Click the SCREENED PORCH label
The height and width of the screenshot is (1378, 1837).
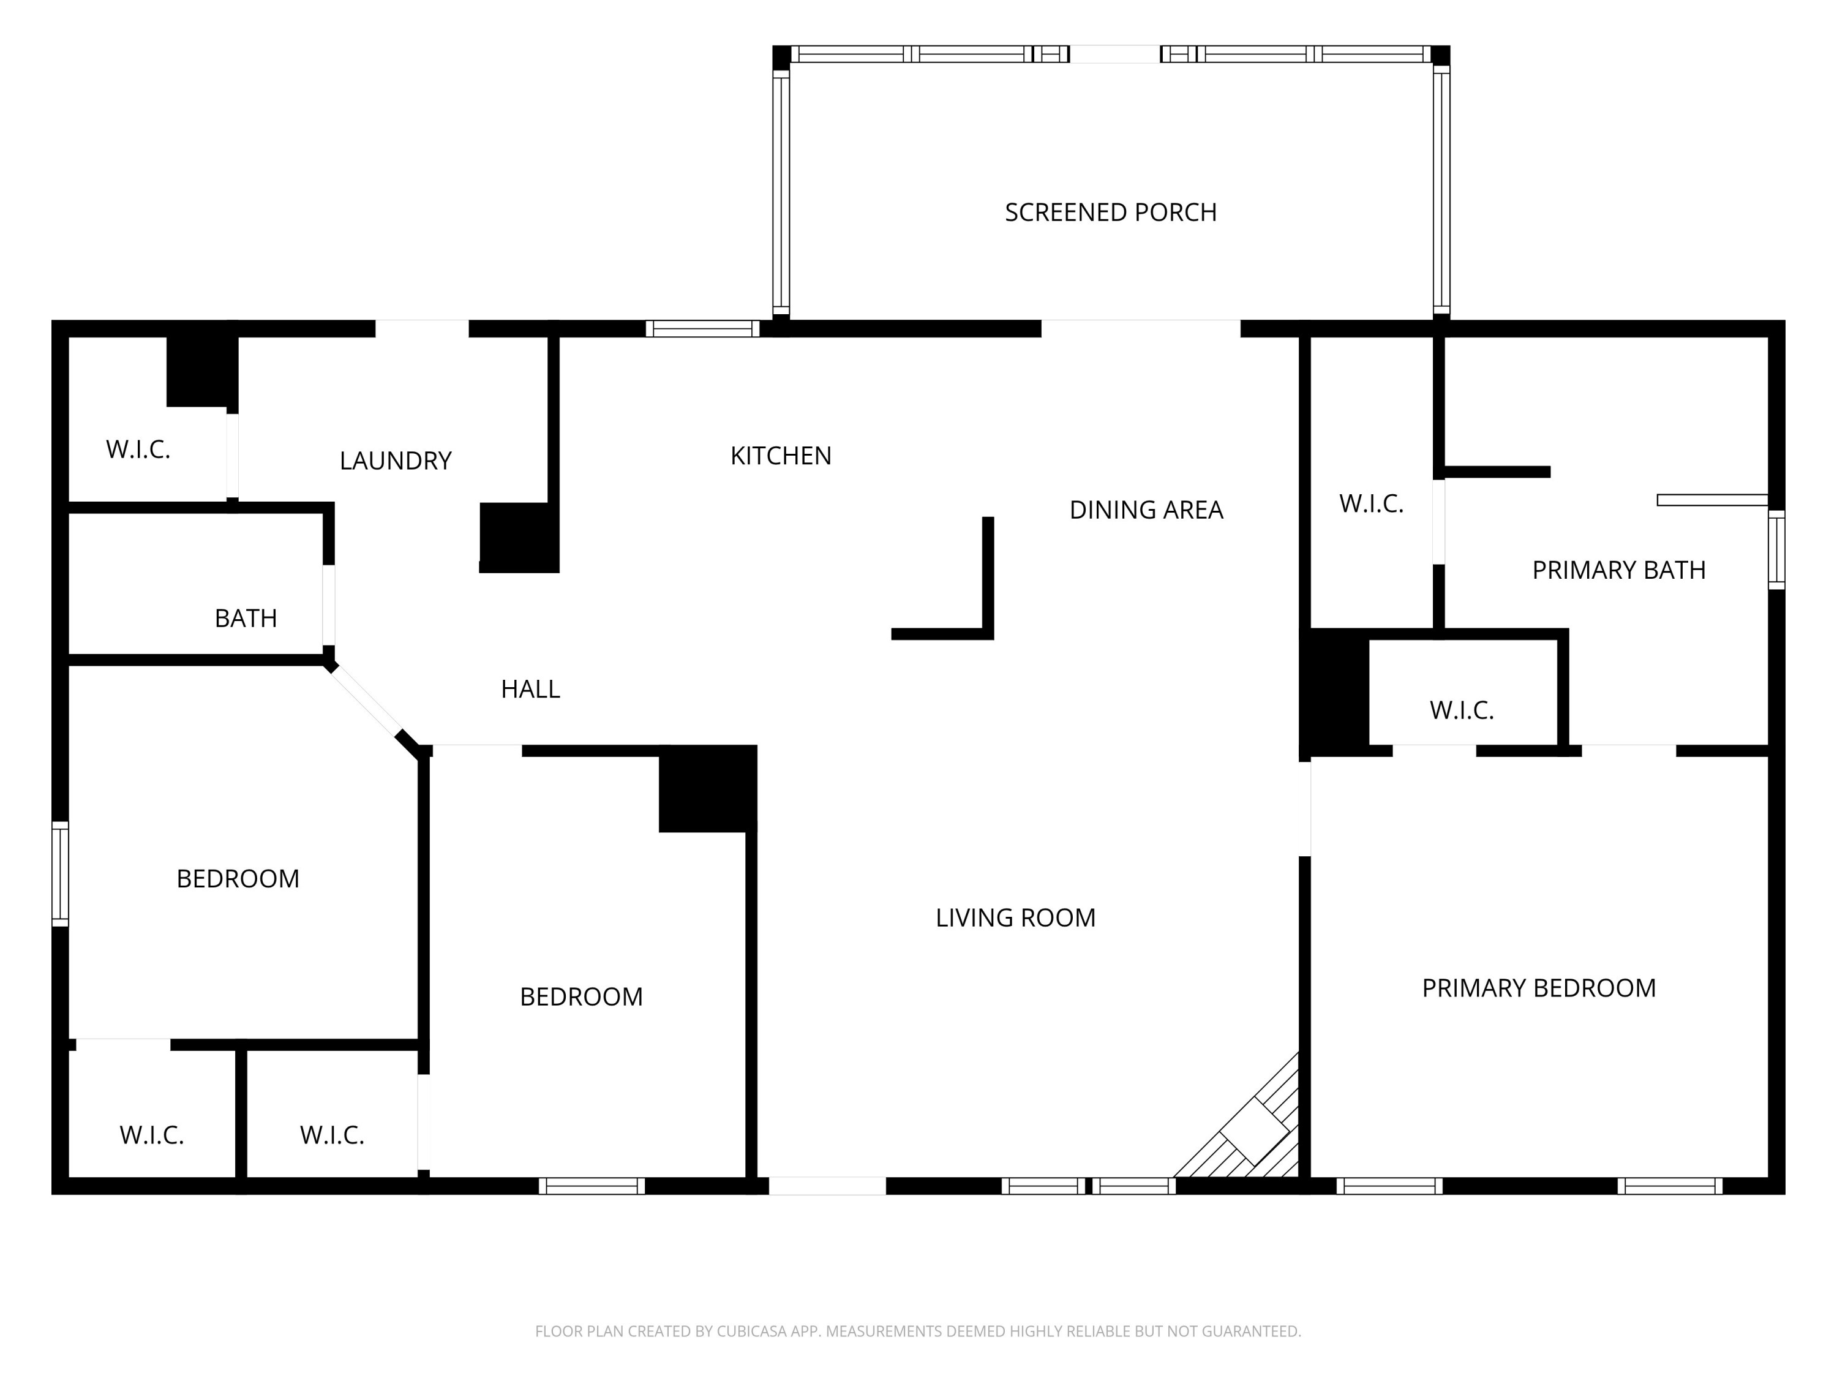[x=1110, y=213]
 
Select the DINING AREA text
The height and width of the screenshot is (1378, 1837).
[x=1146, y=510]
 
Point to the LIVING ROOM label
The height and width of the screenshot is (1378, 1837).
[x=1015, y=918]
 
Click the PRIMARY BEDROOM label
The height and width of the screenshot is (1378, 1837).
[x=1538, y=988]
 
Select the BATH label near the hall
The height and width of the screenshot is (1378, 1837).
[x=245, y=619]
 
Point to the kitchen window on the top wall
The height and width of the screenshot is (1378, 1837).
[x=702, y=329]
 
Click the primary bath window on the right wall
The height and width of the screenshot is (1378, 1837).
[x=1776, y=550]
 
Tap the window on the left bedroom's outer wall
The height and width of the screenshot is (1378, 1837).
[x=60, y=874]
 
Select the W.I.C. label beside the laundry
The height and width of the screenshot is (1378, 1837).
[x=138, y=450]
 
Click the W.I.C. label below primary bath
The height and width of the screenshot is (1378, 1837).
[x=1461, y=711]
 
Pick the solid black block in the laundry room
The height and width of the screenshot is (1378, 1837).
[x=518, y=537]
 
